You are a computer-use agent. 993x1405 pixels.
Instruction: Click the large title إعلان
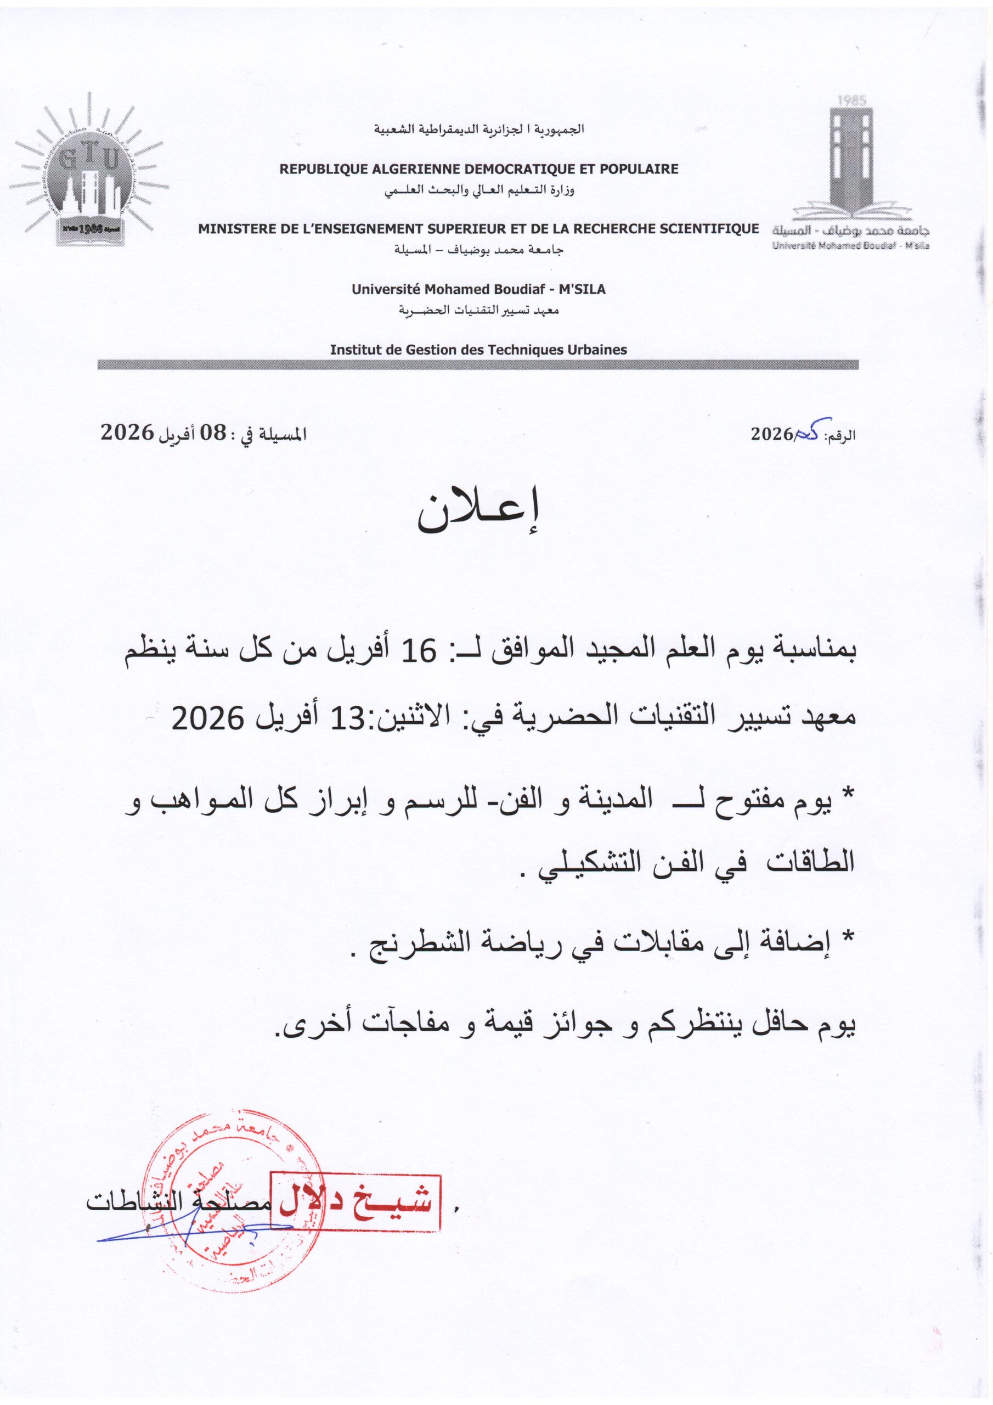click(x=479, y=513)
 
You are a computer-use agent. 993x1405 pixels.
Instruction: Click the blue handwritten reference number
click(x=810, y=431)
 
